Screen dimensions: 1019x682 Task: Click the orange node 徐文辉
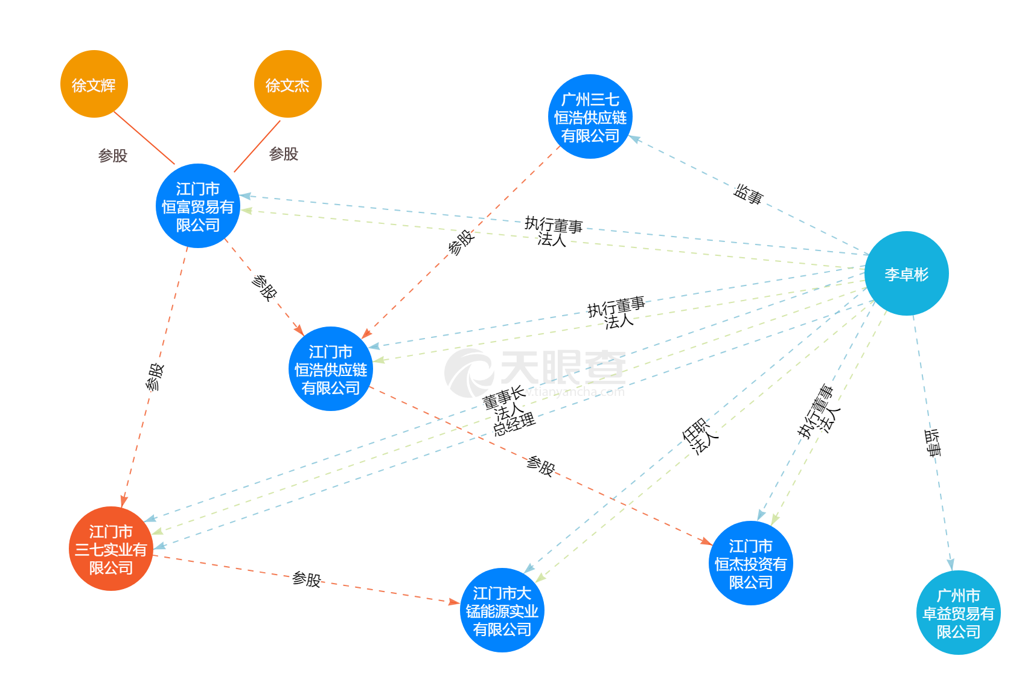(x=94, y=84)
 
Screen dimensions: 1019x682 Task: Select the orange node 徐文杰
(x=287, y=84)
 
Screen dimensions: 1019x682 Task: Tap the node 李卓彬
(x=906, y=274)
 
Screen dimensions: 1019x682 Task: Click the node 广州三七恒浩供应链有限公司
(x=590, y=117)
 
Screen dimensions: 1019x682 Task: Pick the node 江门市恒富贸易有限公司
(x=198, y=206)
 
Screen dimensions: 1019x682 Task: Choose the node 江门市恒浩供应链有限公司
(x=331, y=369)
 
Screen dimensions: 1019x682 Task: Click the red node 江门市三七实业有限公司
(x=110, y=549)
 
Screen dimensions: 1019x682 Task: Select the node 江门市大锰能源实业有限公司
(x=502, y=610)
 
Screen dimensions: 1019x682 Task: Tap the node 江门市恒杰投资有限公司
(x=750, y=563)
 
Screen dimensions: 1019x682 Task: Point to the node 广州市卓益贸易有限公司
(x=958, y=613)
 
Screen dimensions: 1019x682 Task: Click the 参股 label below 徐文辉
(x=113, y=156)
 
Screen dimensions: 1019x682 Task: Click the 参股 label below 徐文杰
(x=283, y=154)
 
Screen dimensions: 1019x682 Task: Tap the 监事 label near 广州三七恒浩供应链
(x=749, y=194)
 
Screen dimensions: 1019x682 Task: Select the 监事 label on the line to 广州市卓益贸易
(x=933, y=442)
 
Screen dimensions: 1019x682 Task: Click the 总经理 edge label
(x=514, y=425)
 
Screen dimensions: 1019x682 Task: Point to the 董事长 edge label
(x=504, y=397)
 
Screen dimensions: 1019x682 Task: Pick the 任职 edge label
(x=695, y=430)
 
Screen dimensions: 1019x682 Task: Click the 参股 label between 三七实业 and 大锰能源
(x=306, y=579)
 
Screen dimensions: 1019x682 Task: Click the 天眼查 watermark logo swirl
(x=469, y=373)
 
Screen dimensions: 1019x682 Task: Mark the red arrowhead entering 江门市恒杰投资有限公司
(x=707, y=541)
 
